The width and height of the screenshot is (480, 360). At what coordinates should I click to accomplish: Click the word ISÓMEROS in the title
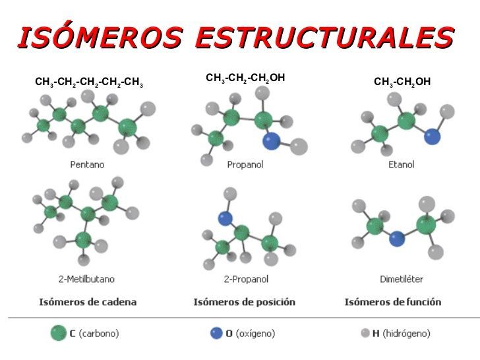(100, 38)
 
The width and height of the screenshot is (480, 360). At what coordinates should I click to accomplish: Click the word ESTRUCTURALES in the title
(325, 38)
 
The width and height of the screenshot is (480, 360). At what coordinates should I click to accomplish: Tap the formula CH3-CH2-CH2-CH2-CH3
(89, 83)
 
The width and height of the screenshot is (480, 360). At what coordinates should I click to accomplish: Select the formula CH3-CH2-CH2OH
(245, 78)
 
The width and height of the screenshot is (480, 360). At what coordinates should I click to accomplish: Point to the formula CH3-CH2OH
(402, 82)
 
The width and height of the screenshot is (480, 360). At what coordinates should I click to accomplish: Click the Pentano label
(87, 164)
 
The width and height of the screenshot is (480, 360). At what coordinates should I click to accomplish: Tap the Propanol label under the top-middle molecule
(245, 164)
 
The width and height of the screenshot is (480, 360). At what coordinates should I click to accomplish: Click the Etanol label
(401, 164)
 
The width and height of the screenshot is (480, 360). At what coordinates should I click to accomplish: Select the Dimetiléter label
(402, 279)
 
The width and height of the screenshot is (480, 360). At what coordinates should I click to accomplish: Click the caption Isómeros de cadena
(88, 302)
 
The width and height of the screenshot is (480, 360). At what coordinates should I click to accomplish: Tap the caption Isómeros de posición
(244, 302)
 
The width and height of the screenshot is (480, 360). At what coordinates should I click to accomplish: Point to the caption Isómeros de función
(393, 302)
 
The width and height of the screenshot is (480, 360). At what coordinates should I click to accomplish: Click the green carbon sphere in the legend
(59, 333)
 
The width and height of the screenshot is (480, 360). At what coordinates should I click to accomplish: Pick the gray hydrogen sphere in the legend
(365, 333)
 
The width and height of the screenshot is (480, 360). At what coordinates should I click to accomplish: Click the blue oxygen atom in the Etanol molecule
(432, 136)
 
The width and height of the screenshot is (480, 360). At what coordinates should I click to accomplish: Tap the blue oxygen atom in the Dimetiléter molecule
(396, 239)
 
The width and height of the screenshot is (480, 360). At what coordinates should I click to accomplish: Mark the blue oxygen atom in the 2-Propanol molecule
(225, 218)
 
